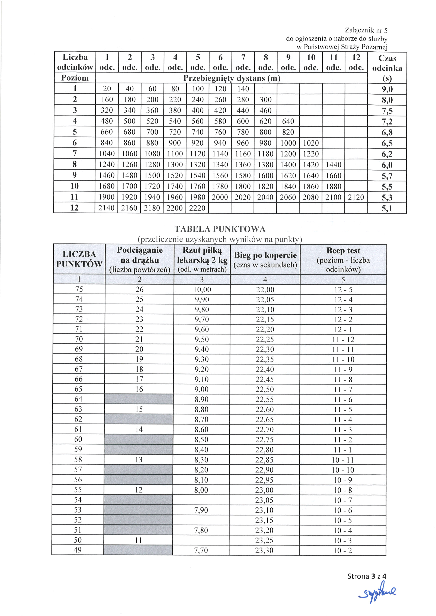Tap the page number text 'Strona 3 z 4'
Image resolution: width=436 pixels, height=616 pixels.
click(367, 576)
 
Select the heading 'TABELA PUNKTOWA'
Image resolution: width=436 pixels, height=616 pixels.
click(220, 229)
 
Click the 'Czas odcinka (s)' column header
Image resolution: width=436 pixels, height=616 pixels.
click(387, 68)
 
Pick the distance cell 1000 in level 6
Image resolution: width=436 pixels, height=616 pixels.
click(288, 143)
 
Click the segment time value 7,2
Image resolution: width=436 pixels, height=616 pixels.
click(387, 122)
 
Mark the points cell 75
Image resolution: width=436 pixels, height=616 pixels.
click(79, 289)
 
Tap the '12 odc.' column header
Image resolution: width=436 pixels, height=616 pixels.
click(356, 62)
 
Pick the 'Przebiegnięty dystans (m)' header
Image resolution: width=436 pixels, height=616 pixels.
click(231, 78)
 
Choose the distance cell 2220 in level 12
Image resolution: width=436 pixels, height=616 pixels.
click(197, 208)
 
